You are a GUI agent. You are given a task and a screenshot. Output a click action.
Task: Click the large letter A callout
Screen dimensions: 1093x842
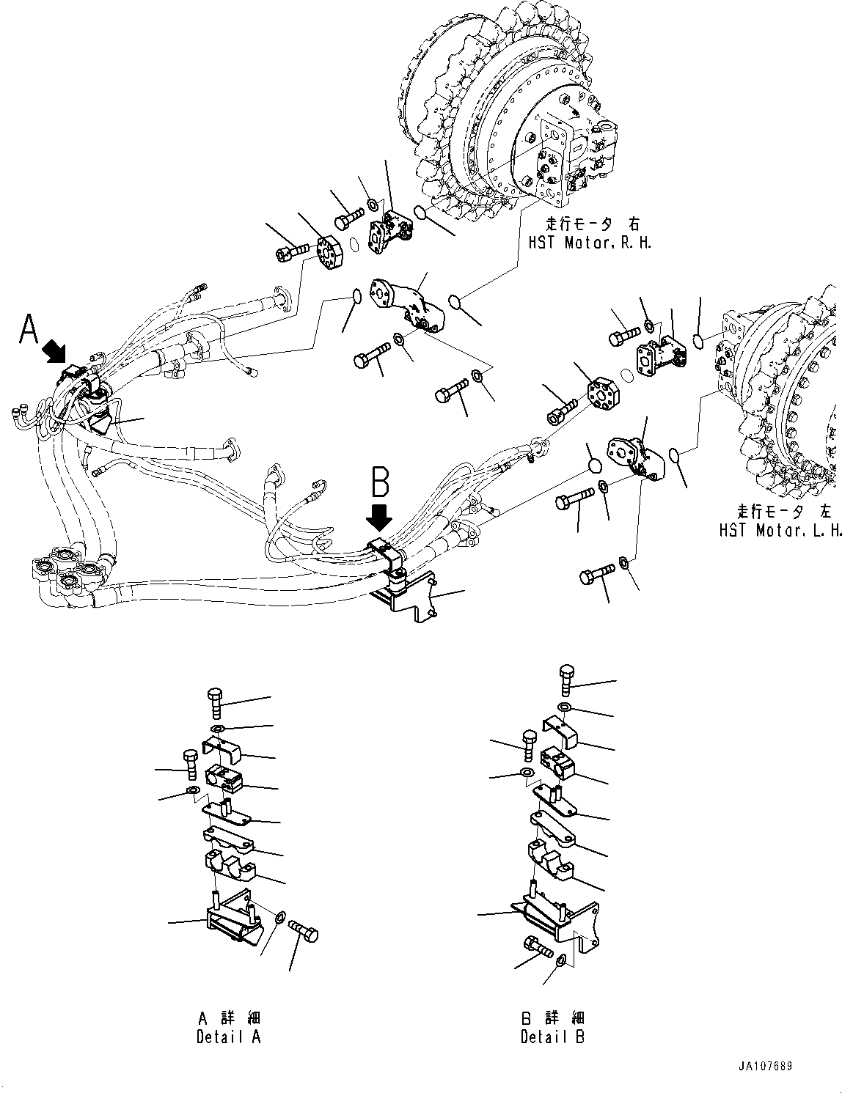point(29,329)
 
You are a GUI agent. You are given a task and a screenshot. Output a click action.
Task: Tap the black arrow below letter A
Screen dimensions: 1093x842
point(54,353)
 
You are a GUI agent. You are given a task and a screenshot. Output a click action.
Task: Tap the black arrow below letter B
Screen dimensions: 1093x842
point(379,518)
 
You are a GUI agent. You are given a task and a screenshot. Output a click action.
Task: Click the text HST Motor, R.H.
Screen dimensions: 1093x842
point(590,243)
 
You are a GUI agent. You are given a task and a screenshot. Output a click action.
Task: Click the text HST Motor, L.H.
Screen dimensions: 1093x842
point(779,529)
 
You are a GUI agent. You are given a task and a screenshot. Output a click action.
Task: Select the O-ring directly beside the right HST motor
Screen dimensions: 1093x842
point(420,212)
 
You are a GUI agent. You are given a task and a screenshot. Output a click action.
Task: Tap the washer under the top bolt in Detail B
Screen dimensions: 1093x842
point(564,707)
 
